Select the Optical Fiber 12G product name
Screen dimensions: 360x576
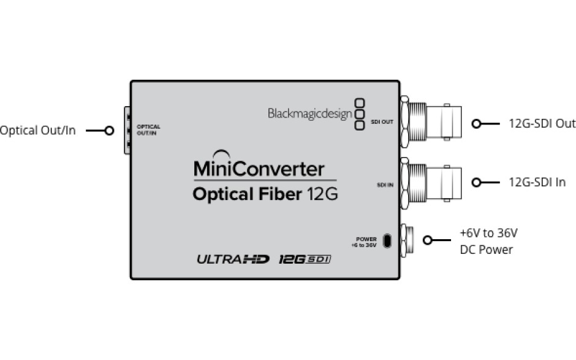265,194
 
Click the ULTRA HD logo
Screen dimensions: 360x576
233,259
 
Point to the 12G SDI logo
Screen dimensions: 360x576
305,259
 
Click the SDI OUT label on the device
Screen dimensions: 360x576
383,122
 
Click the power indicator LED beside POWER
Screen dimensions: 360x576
387,240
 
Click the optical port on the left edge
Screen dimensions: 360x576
127,129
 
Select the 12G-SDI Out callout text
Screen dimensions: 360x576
542,123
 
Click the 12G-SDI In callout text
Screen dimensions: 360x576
537,182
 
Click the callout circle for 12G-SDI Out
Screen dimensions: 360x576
476,123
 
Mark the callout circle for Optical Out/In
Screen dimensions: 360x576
109,130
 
